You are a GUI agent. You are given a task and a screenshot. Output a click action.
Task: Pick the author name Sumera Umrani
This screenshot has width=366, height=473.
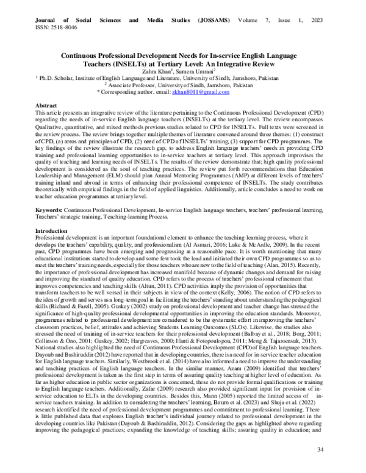tap(196, 71)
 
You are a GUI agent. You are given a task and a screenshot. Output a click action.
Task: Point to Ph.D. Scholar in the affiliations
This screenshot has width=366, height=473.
tap(56, 78)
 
